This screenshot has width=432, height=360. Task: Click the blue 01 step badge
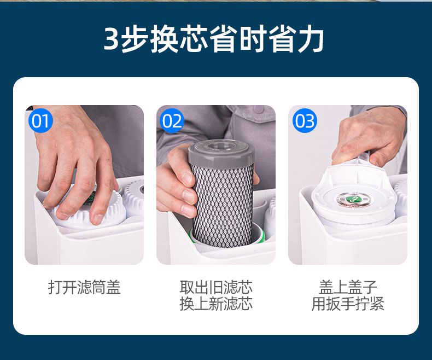(40, 121)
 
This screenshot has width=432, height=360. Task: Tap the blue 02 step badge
(172, 121)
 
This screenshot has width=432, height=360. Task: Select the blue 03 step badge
(305, 121)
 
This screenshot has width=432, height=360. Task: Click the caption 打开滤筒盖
(84, 287)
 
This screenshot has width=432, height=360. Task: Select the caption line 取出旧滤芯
(216, 287)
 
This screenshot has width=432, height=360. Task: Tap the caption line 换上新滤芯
(216, 304)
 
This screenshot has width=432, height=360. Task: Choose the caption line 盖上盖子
(348, 287)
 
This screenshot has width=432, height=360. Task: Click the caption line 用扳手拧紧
(348, 304)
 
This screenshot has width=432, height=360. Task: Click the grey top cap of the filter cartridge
(221, 152)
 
